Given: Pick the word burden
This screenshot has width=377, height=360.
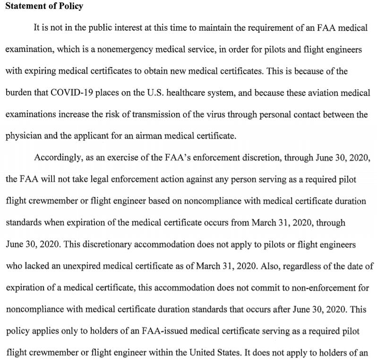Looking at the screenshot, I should coord(18,92).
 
